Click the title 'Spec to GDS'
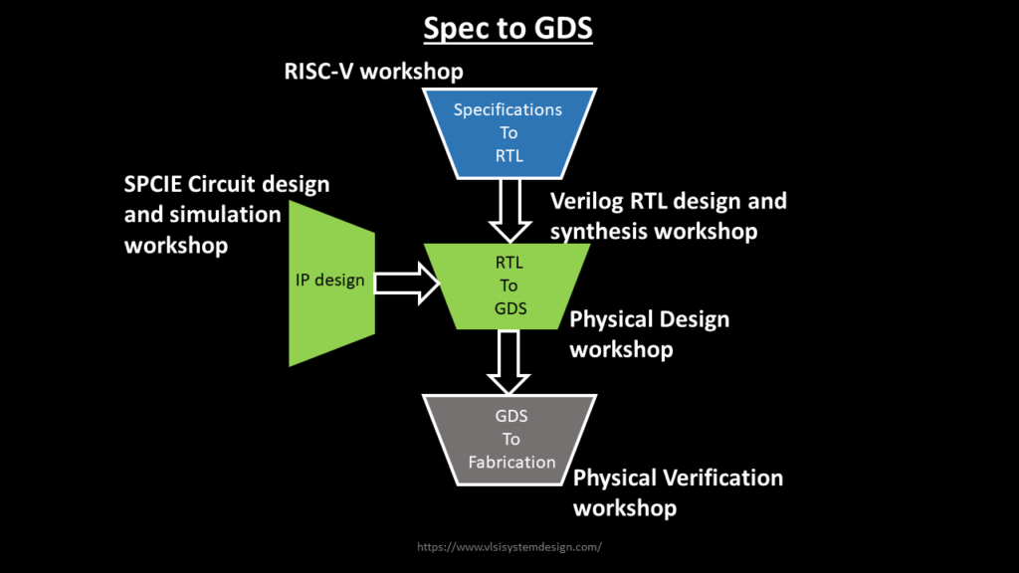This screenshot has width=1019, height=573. pos(509,28)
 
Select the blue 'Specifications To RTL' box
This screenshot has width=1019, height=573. pos(509,131)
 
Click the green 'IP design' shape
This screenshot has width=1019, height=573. pos(331,282)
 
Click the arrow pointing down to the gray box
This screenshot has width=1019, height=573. pos(509,362)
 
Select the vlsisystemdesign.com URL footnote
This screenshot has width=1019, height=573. pos(509,546)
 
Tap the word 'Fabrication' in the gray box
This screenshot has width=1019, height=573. pos(511,462)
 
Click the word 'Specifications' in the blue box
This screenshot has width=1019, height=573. pos(509,109)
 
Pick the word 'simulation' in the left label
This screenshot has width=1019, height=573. pos(230,215)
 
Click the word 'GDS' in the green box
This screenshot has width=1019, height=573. pos(509,308)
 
